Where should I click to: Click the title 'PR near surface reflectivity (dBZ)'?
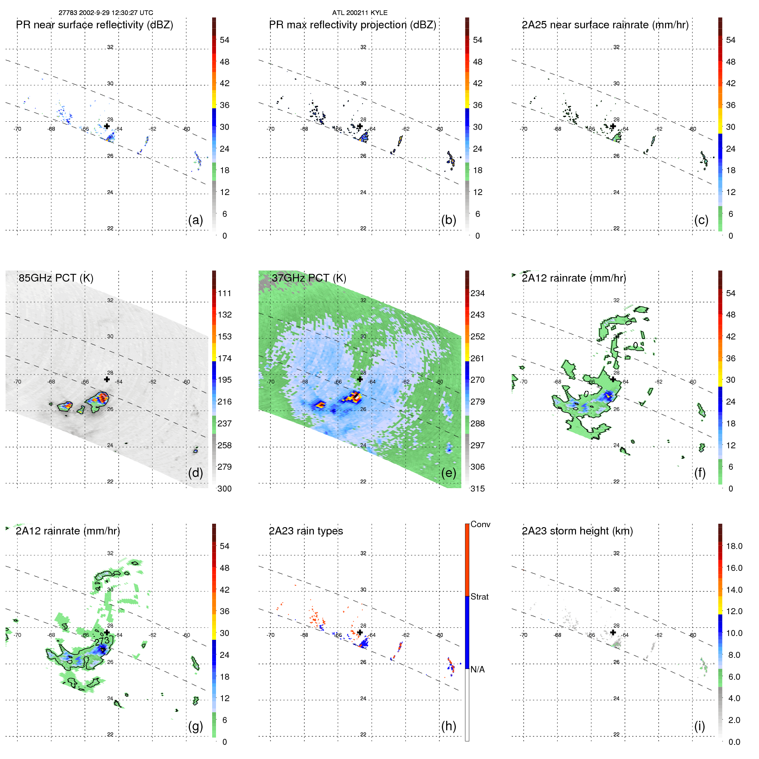[x=94, y=25]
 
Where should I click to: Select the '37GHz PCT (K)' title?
[x=309, y=278]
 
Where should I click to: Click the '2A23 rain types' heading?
[x=306, y=531]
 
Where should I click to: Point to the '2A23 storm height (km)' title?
[x=577, y=531]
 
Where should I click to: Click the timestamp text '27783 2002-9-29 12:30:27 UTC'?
[x=106, y=13]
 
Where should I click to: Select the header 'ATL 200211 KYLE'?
[x=360, y=13]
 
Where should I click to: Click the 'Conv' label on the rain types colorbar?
[x=480, y=524]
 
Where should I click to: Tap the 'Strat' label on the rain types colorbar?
[x=479, y=597]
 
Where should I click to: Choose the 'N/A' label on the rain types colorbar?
[x=477, y=669]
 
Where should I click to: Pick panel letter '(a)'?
[x=195, y=220]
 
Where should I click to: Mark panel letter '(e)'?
[x=448, y=473]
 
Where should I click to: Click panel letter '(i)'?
[x=699, y=726]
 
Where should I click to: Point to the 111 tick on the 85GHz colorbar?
[x=224, y=293]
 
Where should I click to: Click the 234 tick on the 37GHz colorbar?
[x=477, y=293]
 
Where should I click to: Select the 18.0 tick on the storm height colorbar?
[x=734, y=546]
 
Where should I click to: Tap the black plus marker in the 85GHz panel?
[x=107, y=379]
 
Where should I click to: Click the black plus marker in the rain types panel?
[x=360, y=632]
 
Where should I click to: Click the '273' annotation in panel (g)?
[x=102, y=641]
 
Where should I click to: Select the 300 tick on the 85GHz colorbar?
[x=224, y=489]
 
